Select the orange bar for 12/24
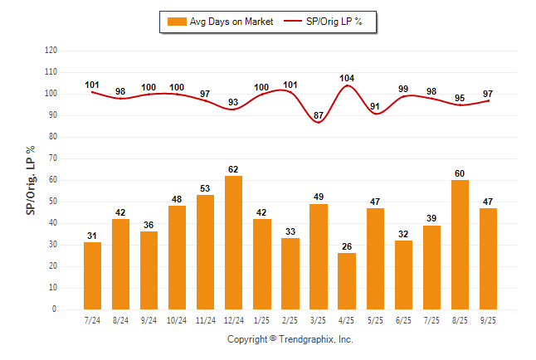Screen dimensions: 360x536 (233, 242)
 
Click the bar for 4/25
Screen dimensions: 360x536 (346, 281)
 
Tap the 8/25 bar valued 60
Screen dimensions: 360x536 (459, 245)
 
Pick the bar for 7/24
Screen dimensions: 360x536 (92, 275)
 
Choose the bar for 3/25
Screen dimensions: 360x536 (318, 256)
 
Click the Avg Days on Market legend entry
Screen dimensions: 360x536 (220, 22)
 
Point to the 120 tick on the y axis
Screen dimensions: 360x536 (51, 51)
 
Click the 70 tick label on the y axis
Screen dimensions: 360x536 (52, 158)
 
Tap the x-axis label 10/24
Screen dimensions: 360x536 (177, 320)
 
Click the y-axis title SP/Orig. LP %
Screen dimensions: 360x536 (31, 179)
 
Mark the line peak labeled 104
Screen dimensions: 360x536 (347, 85)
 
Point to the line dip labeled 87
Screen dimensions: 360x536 (319, 122)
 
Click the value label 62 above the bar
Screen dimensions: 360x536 (233, 169)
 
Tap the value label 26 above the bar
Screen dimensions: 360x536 (346, 246)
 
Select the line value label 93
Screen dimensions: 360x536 (233, 102)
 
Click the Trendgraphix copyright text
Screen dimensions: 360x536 (290, 339)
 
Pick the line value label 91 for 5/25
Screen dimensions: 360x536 (375, 106)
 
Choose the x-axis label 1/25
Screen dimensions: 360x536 (261, 320)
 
